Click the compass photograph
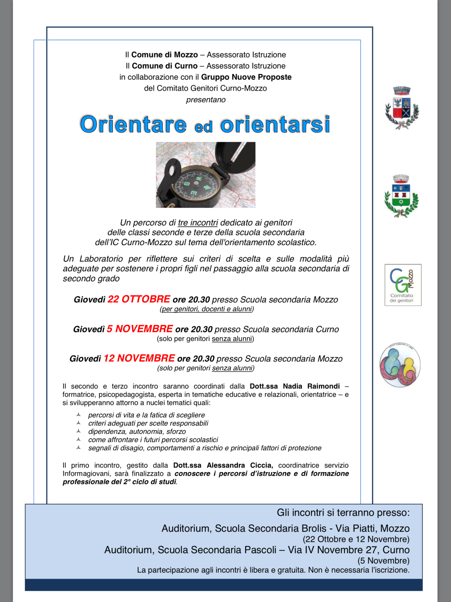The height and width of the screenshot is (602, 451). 205,175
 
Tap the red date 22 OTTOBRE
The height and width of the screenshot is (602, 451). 139,299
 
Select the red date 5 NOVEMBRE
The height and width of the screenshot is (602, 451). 140,329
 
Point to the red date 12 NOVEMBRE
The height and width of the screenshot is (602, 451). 139,358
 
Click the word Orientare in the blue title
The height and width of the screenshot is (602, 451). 133,124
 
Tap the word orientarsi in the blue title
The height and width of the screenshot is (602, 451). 275,124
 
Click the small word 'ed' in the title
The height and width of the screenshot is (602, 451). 204,127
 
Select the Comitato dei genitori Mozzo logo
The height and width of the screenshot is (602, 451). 403,285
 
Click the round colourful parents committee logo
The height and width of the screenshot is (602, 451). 400,365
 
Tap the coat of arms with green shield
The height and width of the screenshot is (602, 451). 401,196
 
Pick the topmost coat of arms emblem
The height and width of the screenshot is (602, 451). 402,108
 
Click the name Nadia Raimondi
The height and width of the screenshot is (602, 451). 311,386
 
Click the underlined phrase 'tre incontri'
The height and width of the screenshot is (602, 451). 198,223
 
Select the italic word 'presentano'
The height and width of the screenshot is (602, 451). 206,100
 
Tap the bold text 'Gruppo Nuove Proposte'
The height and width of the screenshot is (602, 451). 246,77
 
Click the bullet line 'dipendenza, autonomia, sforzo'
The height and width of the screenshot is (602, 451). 137,431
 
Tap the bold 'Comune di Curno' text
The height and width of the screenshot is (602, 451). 165,66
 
